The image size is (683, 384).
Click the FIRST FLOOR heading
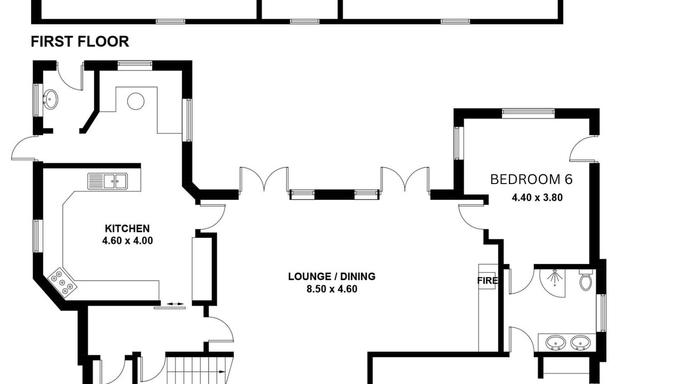(80, 42)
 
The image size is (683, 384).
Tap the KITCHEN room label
(127, 229)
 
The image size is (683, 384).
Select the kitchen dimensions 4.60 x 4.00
(128, 241)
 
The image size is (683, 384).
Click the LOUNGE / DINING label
(332, 276)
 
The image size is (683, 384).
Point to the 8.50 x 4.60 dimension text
(332, 289)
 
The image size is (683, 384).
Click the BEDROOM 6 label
(531, 179)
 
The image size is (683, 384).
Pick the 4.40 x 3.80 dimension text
(537, 197)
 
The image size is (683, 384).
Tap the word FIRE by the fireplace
(487, 281)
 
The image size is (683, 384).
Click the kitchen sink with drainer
(108, 181)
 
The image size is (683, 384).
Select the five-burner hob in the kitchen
(62, 283)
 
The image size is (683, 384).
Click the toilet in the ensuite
(585, 280)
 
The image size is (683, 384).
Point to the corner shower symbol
(552, 283)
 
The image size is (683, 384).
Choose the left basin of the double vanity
(555, 343)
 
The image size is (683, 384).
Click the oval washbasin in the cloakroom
(51, 99)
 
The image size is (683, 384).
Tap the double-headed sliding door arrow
(176, 304)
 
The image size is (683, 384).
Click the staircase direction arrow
(221, 372)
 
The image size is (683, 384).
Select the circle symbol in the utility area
(136, 101)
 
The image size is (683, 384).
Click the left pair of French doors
(264, 180)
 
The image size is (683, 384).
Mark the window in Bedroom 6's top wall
(528, 113)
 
